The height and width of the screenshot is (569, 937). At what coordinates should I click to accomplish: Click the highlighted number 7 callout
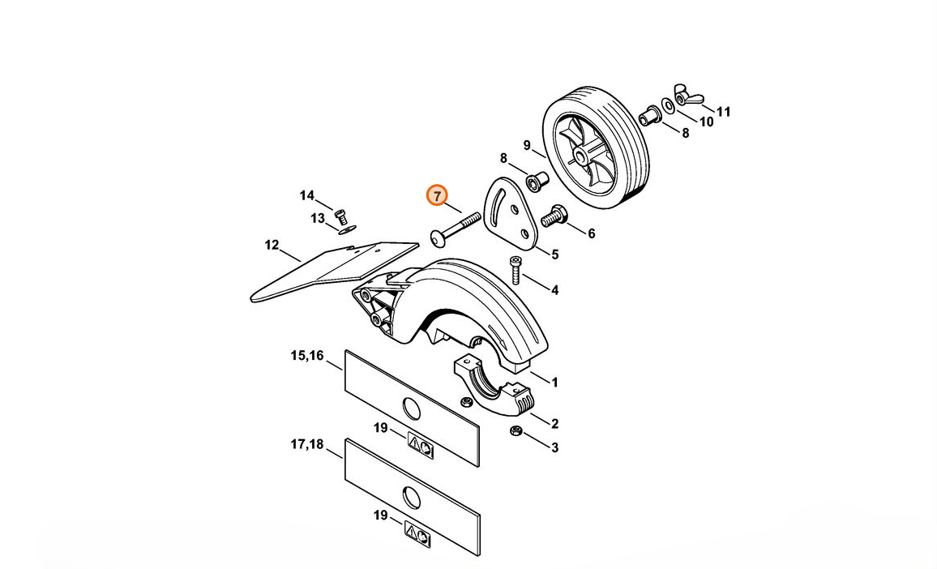(437, 195)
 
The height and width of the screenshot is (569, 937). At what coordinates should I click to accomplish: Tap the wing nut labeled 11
(688, 95)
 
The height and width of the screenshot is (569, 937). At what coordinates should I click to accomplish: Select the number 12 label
(272, 245)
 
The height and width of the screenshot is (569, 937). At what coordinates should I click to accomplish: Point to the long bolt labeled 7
(456, 228)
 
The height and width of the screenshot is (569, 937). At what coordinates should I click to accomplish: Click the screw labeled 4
(516, 270)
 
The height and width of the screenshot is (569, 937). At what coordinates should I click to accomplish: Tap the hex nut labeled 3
(516, 430)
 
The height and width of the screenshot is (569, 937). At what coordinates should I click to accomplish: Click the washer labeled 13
(344, 230)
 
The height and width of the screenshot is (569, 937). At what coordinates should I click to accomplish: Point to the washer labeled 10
(668, 106)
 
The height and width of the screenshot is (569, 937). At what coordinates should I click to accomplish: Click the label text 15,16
(307, 356)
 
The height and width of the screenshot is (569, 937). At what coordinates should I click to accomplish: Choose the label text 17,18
(307, 444)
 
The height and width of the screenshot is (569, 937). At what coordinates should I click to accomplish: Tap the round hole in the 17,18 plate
(412, 497)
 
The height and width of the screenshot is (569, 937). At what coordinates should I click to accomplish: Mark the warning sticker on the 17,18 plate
(418, 533)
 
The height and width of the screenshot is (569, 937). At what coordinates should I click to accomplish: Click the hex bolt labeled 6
(554, 216)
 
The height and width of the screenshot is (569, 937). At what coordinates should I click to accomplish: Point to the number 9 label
(527, 145)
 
